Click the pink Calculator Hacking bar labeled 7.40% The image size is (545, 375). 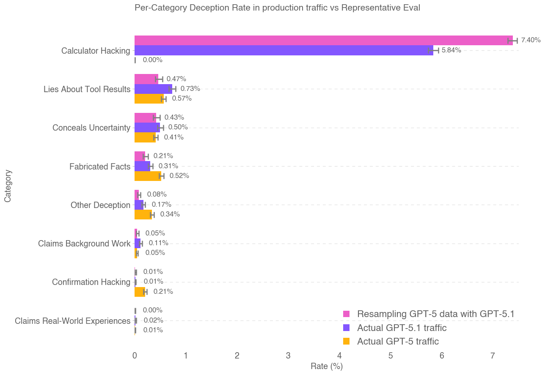click(x=323, y=40)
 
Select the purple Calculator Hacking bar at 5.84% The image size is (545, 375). click(x=284, y=50)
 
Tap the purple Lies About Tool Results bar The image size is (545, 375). click(x=153, y=89)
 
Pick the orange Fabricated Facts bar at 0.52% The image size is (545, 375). click(x=148, y=176)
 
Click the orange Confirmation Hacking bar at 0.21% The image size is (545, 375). click(x=140, y=292)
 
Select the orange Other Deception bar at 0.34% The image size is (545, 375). click(x=143, y=214)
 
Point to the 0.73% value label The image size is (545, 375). click(x=190, y=89)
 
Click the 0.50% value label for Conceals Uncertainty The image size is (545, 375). click(x=178, y=127)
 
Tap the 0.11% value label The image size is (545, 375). click(x=158, y=243)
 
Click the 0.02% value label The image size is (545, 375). click(x=153, y=320)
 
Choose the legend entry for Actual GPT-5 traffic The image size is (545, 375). click(x=398, y=341)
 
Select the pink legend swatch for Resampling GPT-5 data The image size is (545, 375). click(x=346, y=314)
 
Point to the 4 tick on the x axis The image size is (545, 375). click(x=339, y=356)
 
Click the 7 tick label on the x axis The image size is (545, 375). click(x=493, y=356)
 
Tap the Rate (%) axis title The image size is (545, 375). click(x=326, y=367)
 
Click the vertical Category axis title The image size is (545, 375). click(x=8, y=186)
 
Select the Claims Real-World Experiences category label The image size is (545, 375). click(x=72, y=321)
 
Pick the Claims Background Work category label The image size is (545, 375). click(x=84, y=244)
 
